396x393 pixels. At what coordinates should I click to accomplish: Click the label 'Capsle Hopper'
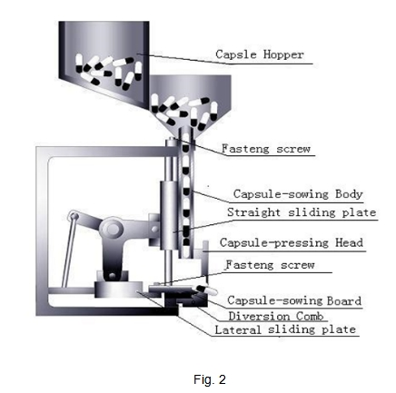coord(260,54)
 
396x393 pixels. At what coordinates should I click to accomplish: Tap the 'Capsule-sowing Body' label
coord(298,194)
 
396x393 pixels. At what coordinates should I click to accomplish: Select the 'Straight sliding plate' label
coord(302,212)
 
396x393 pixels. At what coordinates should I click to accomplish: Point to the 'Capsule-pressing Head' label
coord(292,242)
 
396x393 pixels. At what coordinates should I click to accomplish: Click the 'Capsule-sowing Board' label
coord(294,300)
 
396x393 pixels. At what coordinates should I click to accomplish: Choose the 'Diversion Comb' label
coord(276,316)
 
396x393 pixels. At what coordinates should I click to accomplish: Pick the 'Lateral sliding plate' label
coord(285,329)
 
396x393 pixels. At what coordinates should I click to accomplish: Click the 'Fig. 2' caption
coord(210,379)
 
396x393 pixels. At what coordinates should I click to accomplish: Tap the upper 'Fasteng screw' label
coord(266,149)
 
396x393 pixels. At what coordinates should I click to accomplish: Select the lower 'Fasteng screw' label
coord(271,265)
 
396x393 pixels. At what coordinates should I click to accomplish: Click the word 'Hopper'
coord(283,54)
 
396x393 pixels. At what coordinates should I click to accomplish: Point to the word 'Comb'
coord(310,316)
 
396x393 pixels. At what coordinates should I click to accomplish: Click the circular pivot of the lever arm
coord(112,228)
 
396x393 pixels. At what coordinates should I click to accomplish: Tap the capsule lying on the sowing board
coord(206,290)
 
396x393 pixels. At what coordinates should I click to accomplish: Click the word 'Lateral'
coord(238,329)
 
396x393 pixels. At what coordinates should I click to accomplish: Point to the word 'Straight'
coord(253,212)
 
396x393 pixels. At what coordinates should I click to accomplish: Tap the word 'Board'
coord(344,300)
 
